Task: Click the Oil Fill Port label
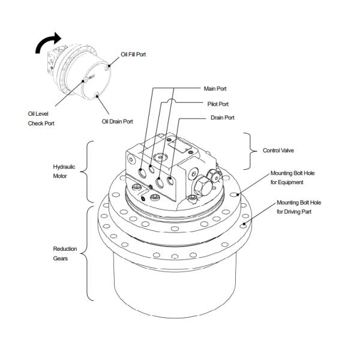pyautogui.click(x=133, y=55)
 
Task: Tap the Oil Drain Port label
pyautogui.click(x=118, y=121)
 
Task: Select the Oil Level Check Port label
pyautogui.click(x=41, y=118)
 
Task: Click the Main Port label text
pyautogui.click(x=215, y=89)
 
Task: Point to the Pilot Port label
pyautogui.click(x=218, y=104)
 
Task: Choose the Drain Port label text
pyautogui.click(x=223, y=118)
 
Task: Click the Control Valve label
pyautogui.click(x=278, y=151)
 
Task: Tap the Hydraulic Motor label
pyautogui.click(x=64, y=171)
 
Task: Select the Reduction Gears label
pyautogui.click(x=65, y=253)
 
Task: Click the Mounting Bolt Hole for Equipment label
pyautogui.click(x=293, y=178)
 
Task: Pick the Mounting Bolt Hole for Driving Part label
pyautogui.click(x=299, y=207)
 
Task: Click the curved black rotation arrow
pyautogui.click(x=47, y=42)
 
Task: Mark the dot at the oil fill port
pyautogui.click(x=109, y=66)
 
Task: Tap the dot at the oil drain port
pyautogui.click(x=97, y=97)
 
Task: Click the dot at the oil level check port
pyautogui.click(x=83, y=81)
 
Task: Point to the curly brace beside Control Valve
pyautogui.click(x=251, y=151)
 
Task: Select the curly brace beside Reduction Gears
pyautogui.click(x=87, y=253)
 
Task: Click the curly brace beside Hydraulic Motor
pyautogui.click(x=87, y=172)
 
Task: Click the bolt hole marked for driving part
pyautogui.click(x=243, y=226)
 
